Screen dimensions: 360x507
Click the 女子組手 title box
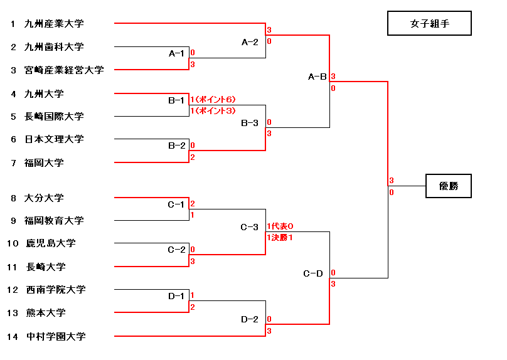pyautogui.click(x=429, y=24)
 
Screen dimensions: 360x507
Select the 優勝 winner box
pyautogui.click(x=448, y=186)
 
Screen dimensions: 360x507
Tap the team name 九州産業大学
pyautogui.click(x=54, y=24)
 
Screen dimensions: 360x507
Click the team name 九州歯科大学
pyautogui.click(x=54, y=47)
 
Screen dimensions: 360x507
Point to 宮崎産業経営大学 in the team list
pyautogui.click(x=63, y=70)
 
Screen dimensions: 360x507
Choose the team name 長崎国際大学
pyautogui.click(x=54, y=117)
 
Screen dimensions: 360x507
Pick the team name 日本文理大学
pyautogui.click(x=54, y=139)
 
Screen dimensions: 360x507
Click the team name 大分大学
pyautogui.click(x=44, y=198)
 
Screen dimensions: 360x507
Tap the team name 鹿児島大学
pyautogui.click(x=51, y=243)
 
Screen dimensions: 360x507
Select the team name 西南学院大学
pyautogui.click(x=56, y=290)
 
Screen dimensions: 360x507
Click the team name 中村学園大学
pyautogui.click(x=56, y=337)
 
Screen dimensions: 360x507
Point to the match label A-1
pyautogui.click(x=177, y=53)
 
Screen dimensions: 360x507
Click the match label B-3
pyautogui.click(x=250, y=123)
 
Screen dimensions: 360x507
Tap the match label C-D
pyautogui.click(x=312, y=273)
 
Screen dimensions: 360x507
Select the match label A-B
pyautogui.click(x=318, y=77)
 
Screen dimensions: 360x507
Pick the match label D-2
pyautogui.click(x=250, y=320)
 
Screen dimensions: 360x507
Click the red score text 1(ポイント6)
pyautogui.click(x=213, y=100)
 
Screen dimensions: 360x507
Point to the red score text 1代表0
pyautogui.click(x=280, y=226)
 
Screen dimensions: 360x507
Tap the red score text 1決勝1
pyautogui.click(x=280, y=238)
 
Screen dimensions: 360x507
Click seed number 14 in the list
pyautogui.click(x=13, y=337)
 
